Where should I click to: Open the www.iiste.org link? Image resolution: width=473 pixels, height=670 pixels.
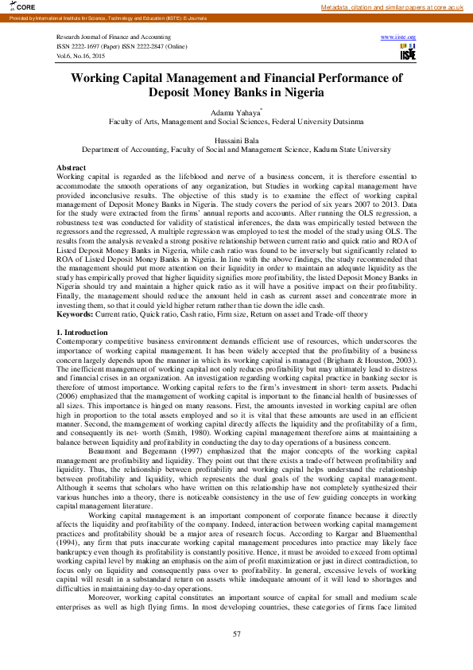click(398, 37)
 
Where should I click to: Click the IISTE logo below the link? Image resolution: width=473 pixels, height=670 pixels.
click(408, 53)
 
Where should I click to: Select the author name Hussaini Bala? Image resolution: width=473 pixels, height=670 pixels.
click(236, 139)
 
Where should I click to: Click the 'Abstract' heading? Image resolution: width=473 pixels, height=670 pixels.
click(72, 167)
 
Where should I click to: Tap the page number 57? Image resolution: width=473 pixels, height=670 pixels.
click(236, 633)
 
